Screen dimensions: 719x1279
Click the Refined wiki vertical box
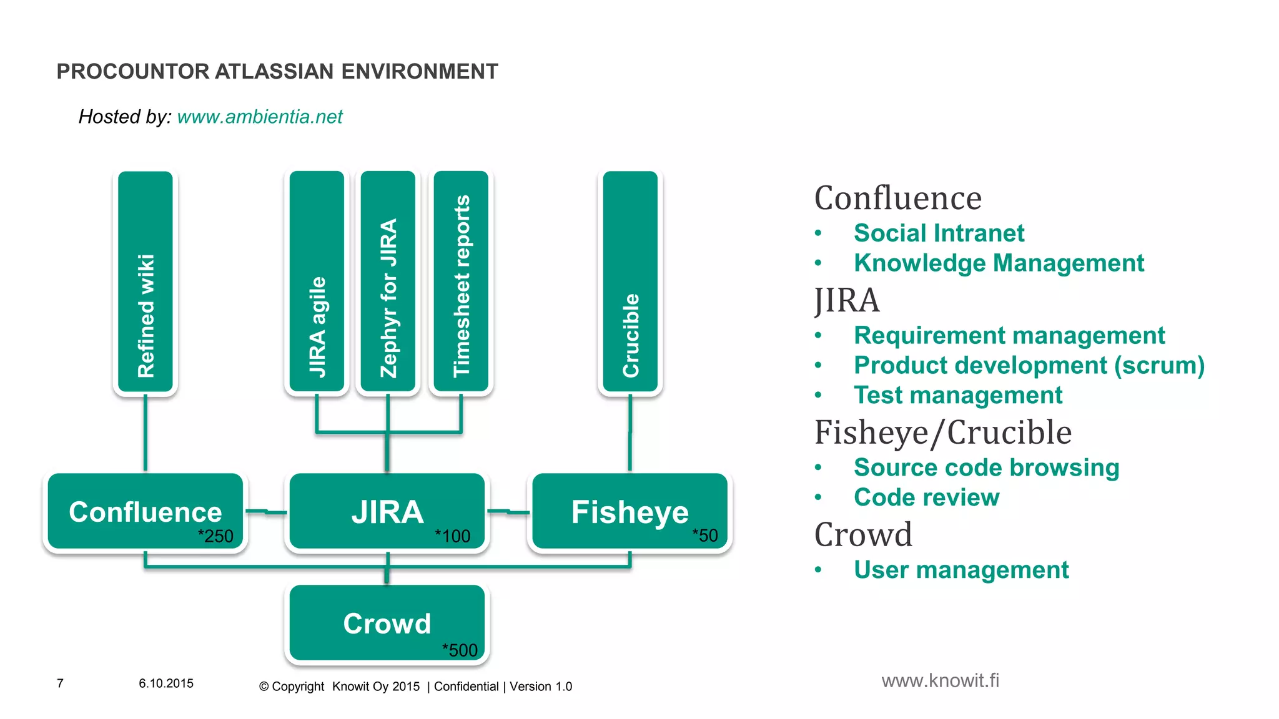click(146, 282)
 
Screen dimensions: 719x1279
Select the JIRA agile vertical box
click(317, 282)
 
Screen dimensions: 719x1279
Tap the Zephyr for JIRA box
click(388, 282)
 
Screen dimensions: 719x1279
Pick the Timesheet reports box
click(461, 282)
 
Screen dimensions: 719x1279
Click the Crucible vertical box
click(630, 282)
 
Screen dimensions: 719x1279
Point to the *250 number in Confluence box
click(215, 536)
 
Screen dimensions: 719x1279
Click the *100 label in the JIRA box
click(452, 536)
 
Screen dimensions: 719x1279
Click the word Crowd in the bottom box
click(387, 624)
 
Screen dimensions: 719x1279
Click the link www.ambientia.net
click(260, 117)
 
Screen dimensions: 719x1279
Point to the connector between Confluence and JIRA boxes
click(266, 512)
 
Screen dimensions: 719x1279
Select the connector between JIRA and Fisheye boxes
click(508, 512)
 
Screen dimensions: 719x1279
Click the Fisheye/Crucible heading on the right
click(942, 433)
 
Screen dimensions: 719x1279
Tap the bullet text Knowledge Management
click(998, 263)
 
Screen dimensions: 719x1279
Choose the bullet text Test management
click(957, 395)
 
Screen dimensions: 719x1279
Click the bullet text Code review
click(926, 497)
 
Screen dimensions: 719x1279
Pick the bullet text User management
click(960, 570)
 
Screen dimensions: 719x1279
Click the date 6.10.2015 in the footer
click(166, 683)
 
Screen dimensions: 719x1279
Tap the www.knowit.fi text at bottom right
click(940, 680)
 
